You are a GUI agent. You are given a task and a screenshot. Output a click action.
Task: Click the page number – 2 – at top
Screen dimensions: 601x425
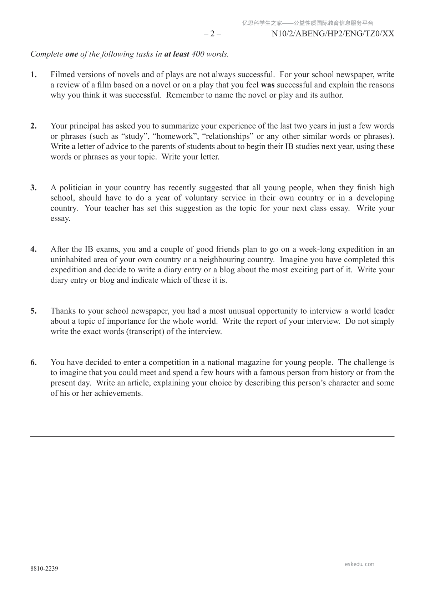pyautogui.click(x=212, y=34)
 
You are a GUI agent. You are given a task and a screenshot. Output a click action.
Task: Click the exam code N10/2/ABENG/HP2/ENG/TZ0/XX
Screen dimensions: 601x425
pyautogui.click(x=333, y=34)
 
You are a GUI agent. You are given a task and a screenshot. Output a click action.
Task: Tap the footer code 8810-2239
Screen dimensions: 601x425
pyautogui.click(x=44, y=569)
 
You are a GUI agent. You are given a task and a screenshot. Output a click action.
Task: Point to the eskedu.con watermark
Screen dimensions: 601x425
pyautogui.click(x=359, y=564)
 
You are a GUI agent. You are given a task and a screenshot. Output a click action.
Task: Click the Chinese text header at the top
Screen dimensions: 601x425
pyautogui.click(x=307, y=23)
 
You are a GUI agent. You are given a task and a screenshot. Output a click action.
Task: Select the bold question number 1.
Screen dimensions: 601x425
pyautogui.click(x=34, y=75)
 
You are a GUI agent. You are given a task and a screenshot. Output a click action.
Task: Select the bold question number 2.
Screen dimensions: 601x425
pyautogui.click(x=34, y=126)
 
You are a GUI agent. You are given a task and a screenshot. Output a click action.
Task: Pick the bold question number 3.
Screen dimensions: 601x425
pyautogui.click(x=34, y=188)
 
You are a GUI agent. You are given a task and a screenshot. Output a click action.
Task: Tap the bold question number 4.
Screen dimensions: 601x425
pyautogui.click(x=34, y=249)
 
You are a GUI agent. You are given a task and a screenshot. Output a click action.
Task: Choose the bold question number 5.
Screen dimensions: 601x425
pyautogui.click(x=34, y=311)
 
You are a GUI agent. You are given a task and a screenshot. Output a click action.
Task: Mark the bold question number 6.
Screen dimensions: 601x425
pyautogui.click(x=34, y=362)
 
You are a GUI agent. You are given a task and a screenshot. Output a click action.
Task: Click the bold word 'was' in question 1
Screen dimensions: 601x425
pyautogui.click(x=268, y=85)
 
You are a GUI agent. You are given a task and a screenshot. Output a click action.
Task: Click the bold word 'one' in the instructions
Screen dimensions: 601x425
pyautogui.click(x=72, y=54)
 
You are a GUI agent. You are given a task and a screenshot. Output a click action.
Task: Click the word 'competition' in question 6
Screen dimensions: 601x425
pyautogui.click(x=169, y=362)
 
